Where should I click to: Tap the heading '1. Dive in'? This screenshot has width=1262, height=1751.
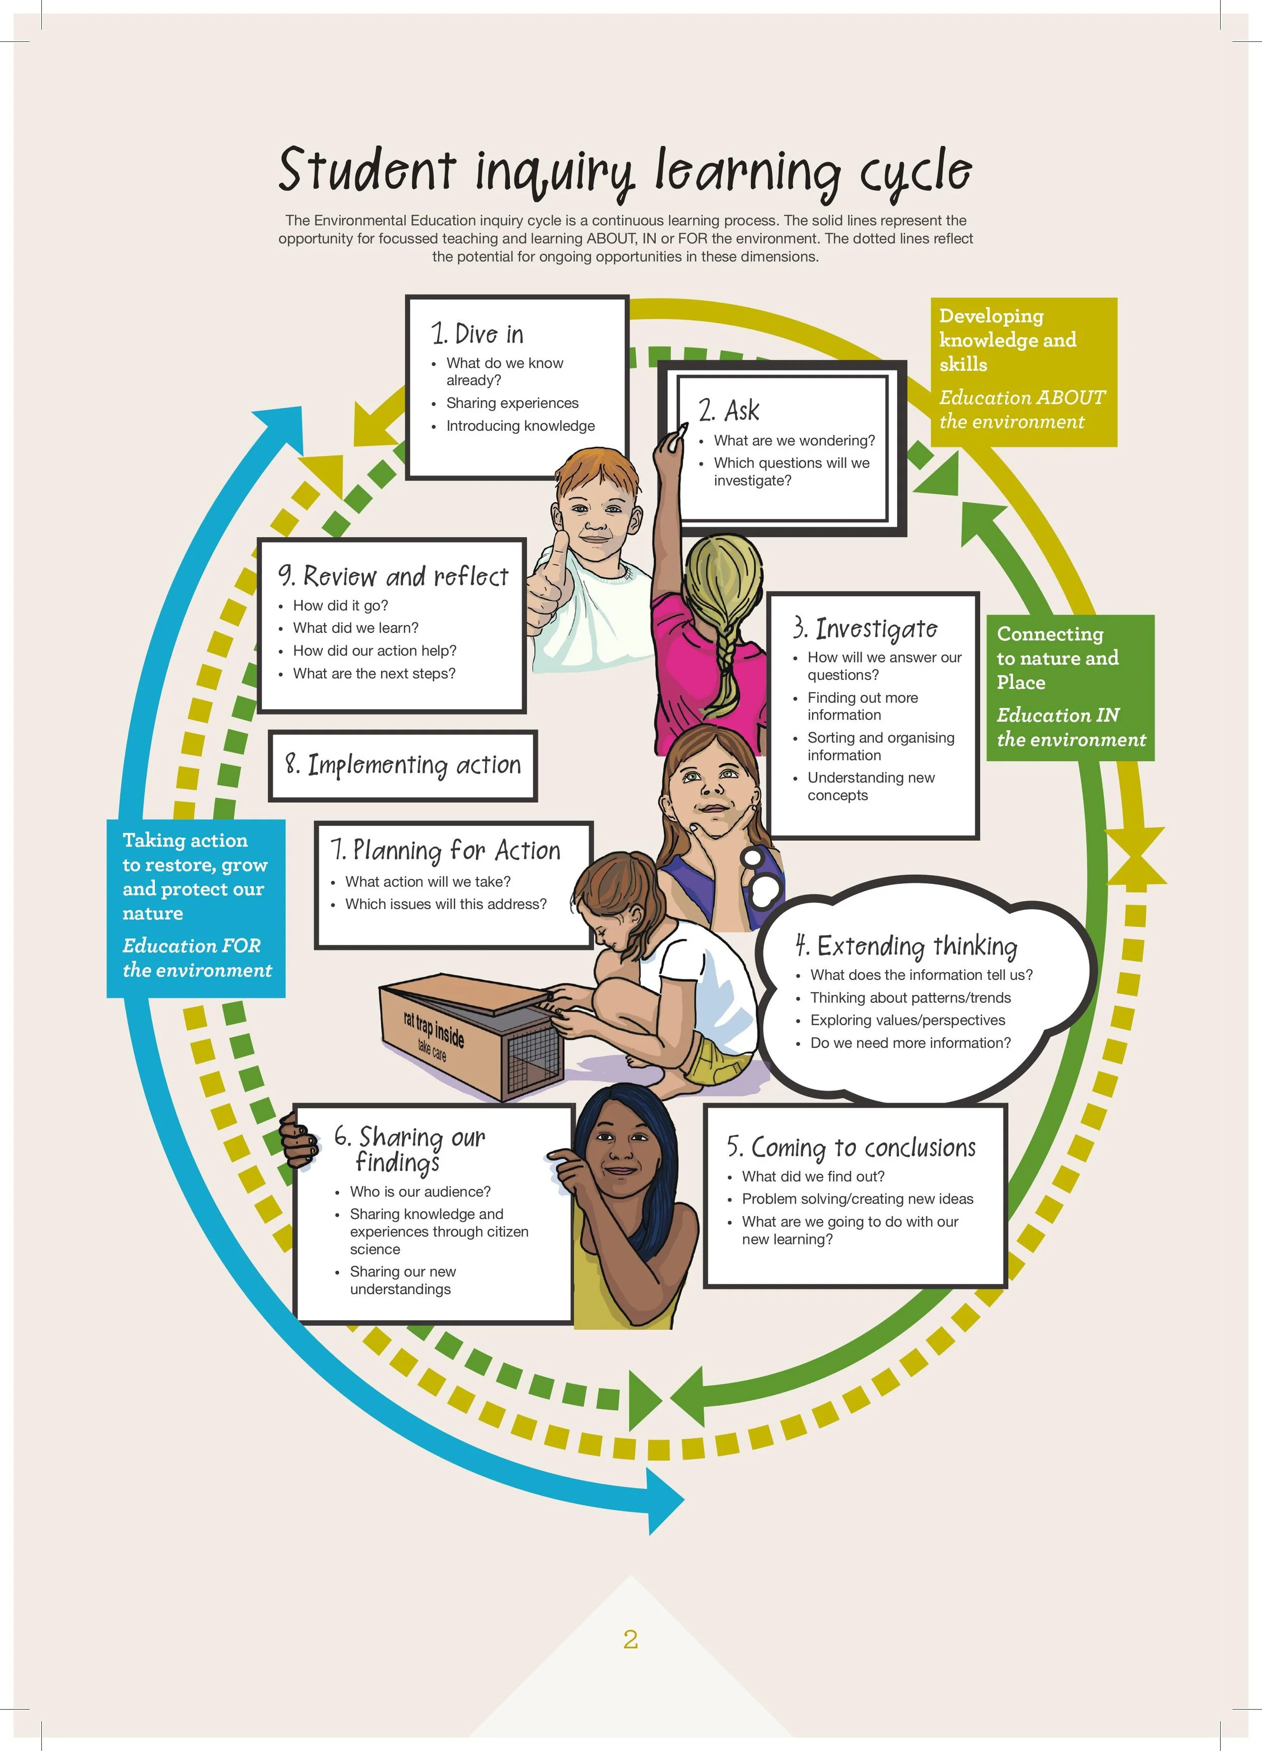click(478, 334)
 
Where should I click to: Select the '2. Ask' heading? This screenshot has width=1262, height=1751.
click(729, 411)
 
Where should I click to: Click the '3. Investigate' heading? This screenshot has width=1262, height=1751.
click(865, 628)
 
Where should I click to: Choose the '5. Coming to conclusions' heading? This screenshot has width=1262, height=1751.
click(852, 1147)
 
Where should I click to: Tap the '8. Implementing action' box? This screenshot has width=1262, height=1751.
click(403, 765)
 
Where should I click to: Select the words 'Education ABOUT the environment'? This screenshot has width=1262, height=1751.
click(1021, 409)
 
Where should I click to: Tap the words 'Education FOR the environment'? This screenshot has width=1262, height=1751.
click(197, 958)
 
